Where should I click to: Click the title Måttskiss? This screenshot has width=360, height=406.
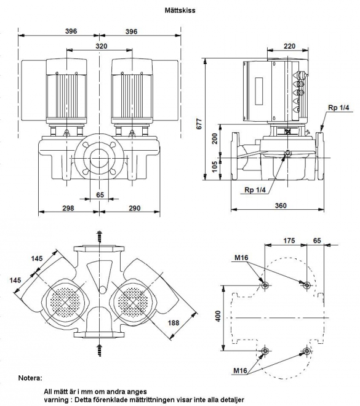tap(180, 10)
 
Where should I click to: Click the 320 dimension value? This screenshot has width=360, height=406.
tap(102, 46)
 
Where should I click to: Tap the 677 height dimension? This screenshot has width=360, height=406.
tap(199, 124)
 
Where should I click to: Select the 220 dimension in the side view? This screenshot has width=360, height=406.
tap(289, 46)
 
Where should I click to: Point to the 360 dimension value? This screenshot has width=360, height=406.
tap(281, 205)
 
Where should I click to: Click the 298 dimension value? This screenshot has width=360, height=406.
tap(68, 208)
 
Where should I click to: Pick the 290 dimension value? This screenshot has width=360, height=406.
tap(135, 208)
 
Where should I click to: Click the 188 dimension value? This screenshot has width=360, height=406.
tap(174, 323)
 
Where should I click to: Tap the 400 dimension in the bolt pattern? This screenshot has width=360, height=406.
tap(218, 316)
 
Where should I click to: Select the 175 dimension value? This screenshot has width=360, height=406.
tap(289, 241)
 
